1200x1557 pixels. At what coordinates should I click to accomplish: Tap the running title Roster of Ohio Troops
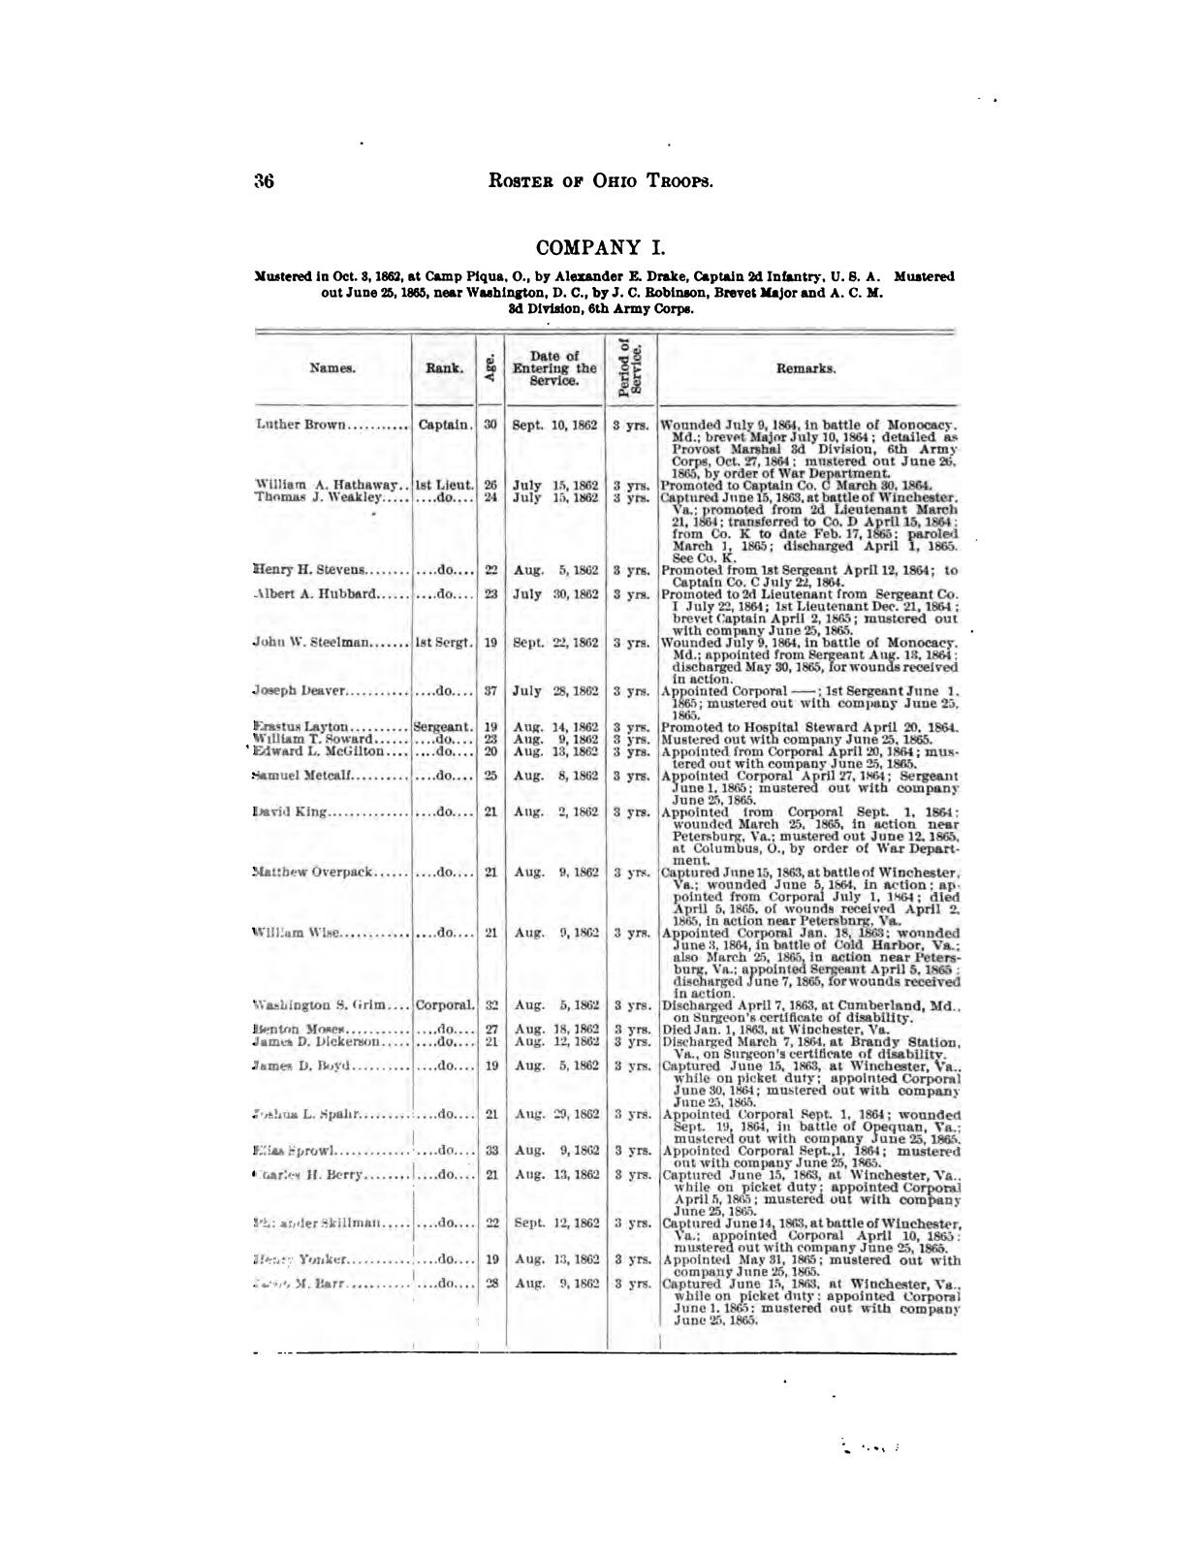pos(602,181)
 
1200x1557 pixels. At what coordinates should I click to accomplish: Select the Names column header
pos(332,368)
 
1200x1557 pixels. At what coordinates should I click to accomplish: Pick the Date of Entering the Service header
pos(554,368)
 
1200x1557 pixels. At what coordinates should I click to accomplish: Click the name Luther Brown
pos(300,425)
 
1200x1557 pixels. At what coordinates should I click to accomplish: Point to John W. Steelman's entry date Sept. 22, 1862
pos(554,643)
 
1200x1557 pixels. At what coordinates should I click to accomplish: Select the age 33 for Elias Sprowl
pos(490,1151)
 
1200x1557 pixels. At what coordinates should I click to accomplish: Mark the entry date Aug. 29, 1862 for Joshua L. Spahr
pos(554,1115)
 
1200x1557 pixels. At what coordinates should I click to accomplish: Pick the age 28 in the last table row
pos(490,1283)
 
